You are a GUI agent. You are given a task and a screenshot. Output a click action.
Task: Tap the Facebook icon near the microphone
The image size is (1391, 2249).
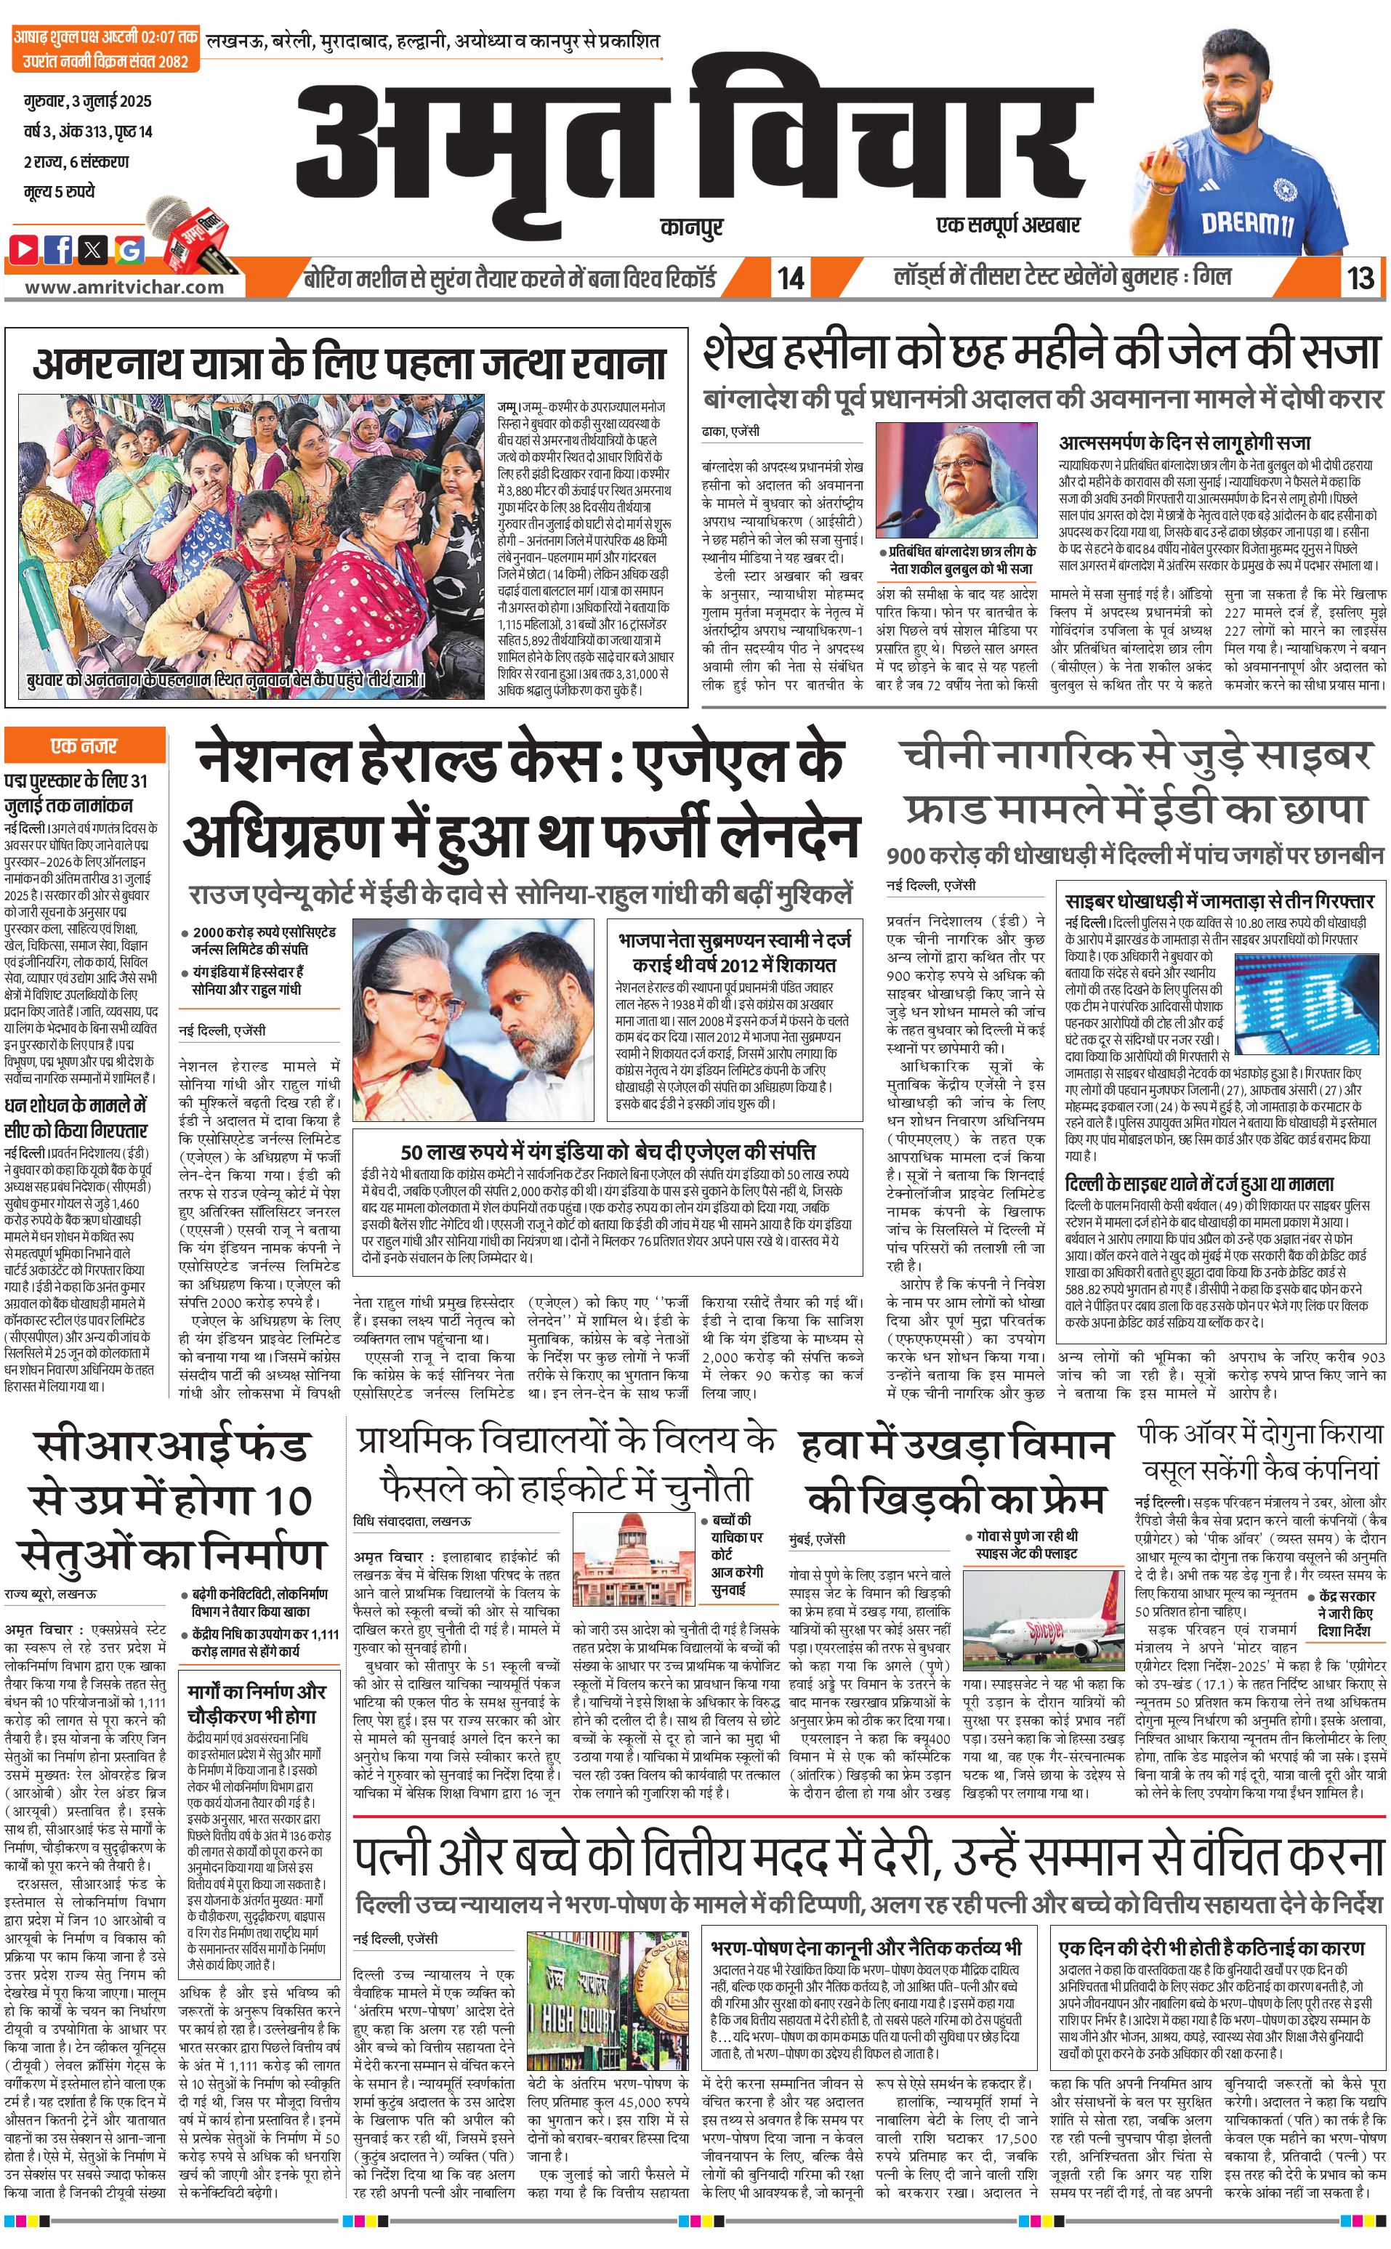(59, 249)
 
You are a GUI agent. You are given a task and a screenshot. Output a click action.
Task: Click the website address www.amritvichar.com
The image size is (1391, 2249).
(124, 286)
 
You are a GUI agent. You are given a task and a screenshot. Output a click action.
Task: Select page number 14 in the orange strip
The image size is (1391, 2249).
(790, 278)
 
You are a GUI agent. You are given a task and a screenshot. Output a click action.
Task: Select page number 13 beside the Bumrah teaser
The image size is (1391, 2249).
(1360, 278)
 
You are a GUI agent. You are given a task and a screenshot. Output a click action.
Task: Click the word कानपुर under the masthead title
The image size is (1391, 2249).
(691, 225)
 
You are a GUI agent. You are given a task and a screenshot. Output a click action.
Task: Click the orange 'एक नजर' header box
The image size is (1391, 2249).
(84, 745)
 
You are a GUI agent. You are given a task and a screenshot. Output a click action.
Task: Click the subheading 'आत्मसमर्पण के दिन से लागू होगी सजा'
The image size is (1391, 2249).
(1184, 443)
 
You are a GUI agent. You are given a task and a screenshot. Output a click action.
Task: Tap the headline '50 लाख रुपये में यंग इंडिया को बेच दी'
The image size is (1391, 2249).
(607, 1152)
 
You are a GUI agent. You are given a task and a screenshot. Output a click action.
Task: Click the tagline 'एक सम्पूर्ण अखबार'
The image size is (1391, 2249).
(1007, 225)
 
